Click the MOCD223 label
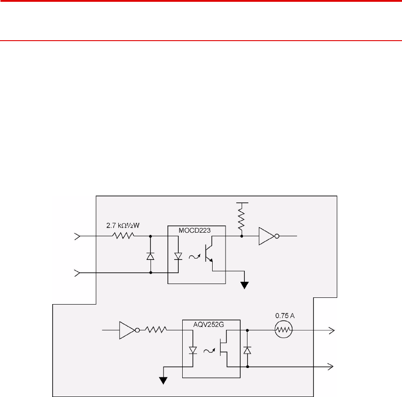[x=195, y=230]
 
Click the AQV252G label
[x=209, y=325]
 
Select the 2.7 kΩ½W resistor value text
[x=123, y=226]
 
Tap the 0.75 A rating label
[x=285, y=316]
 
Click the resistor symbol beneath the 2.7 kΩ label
[x=123, y=236]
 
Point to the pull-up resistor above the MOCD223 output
[x=242, y=219]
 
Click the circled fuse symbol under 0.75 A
[x=283, y=330]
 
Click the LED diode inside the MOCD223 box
[x=178, y=256]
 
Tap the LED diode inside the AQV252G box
[x=193, y=351]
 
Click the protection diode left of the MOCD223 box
[x=151, y=256]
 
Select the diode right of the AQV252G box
[x=247, y=351]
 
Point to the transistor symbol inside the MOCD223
[x=209, y=253]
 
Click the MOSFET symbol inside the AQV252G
[x=224, y=348]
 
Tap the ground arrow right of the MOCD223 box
[x=245, y=285]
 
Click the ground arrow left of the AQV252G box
[x=163, y=380]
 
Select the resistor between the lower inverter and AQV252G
[x=156, y=330]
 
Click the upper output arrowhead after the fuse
[x=332, y=330]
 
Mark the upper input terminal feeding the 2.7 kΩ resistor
[x=77, y=236]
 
